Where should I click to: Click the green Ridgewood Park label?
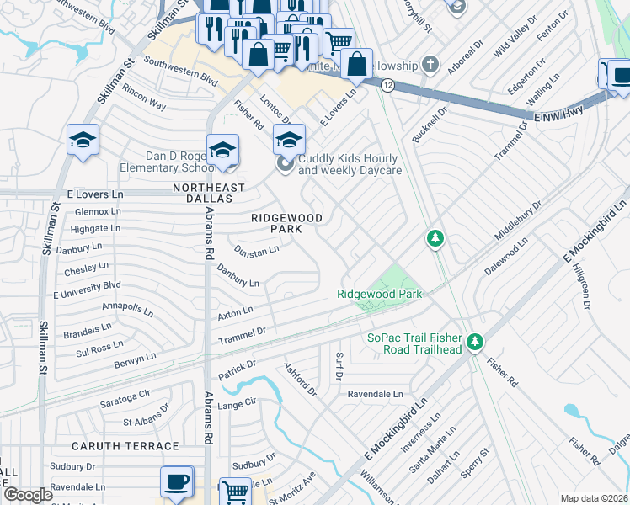coord(379,294)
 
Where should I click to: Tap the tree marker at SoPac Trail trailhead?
coord(475,342)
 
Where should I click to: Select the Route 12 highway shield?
coord(387,85)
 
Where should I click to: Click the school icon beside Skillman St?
coord(83,141)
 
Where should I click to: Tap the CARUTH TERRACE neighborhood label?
coord(125,446)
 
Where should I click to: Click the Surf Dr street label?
coord(339,367)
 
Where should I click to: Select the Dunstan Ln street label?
coord(256,251)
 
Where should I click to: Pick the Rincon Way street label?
coord(144,98)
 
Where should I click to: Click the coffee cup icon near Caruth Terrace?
coord(177,482)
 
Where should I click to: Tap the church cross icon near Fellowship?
coord(430,65)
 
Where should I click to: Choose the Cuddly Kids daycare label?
coord(350,164)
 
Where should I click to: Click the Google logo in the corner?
coord(28,496)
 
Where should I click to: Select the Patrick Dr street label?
coord(237,368)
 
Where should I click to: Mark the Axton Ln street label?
coord(235,312)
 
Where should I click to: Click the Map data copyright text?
coord(594,498)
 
